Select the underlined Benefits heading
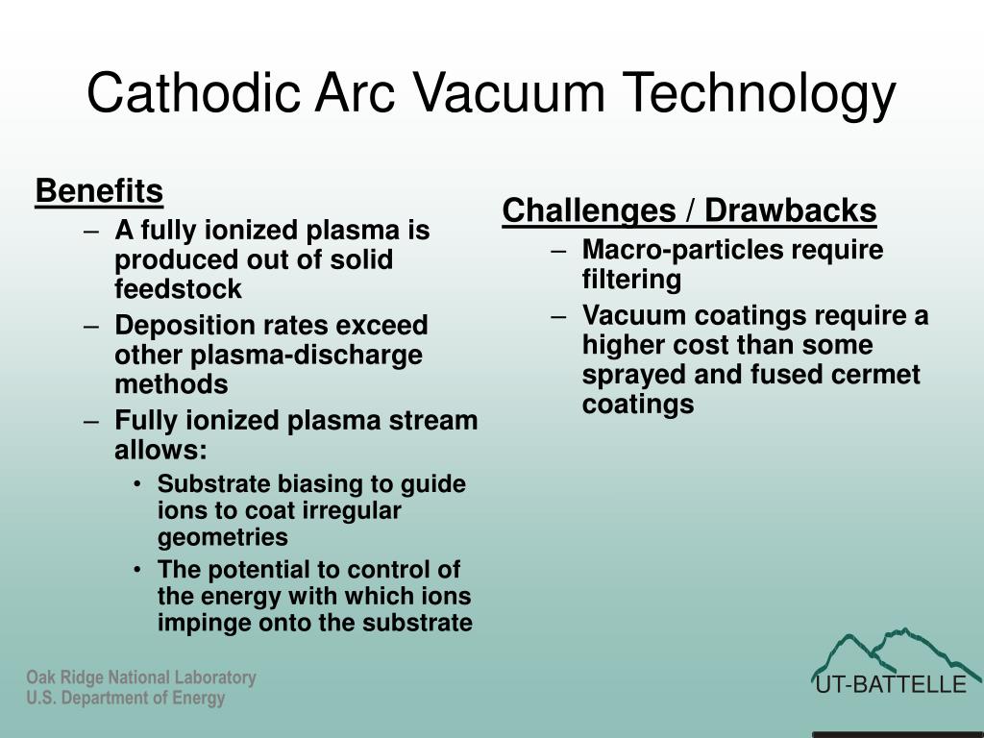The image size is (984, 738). click(x=99, y=191)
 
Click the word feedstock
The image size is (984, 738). click(x=178, y=289)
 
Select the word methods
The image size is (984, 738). click(x=171, y=384)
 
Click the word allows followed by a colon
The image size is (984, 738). click(x=160, y=450)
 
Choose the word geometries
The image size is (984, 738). click(x=222, y=537)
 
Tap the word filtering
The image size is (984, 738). click(x=630, y=280)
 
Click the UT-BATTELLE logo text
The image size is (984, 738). click(x=890, y=685)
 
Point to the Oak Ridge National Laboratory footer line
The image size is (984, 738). click(x=141, y=677)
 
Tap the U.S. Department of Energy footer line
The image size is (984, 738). click(x=126, y=699)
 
